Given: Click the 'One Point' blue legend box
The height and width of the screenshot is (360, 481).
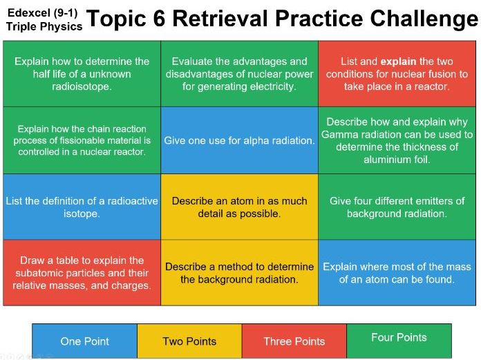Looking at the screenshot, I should pyautogui.click(x=84, y=341).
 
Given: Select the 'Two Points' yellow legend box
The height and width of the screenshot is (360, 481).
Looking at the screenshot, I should pyautogui.click(x=189, y=341).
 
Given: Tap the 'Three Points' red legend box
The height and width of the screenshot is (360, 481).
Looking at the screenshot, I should pyautogui.click(x=294, y=341).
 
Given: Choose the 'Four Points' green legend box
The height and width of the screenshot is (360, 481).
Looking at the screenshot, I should pyautogui.click(x=399, y=338).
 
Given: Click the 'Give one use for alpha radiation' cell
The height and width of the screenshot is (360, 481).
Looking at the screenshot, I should pyautogui.click(x=239, y=140).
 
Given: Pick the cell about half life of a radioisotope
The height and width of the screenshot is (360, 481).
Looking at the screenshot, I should pyautogui.click(x=82, y=74).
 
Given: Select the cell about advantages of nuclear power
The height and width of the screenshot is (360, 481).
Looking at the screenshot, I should pyautogui.click(x=239, y=74).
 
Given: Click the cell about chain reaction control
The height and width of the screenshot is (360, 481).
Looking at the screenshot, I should pyautogui.click(x=82, y=140).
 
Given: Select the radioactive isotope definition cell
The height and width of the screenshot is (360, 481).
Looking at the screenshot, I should pyautogui.click(x=82, y=207).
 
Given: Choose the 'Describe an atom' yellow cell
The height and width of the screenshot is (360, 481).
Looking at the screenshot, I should pyautogui.click(x=239, y=207).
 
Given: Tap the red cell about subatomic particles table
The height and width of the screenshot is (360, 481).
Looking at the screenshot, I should pyautogui.click(x=82, y=273).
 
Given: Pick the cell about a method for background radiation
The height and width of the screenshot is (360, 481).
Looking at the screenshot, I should pyautogui.click(x=239, y=273).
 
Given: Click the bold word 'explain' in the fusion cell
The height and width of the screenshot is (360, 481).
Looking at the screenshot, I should pyautogui.click(x=398, y=61).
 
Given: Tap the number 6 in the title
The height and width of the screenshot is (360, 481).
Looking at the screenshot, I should pyautogui.click(x=158, y=19).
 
